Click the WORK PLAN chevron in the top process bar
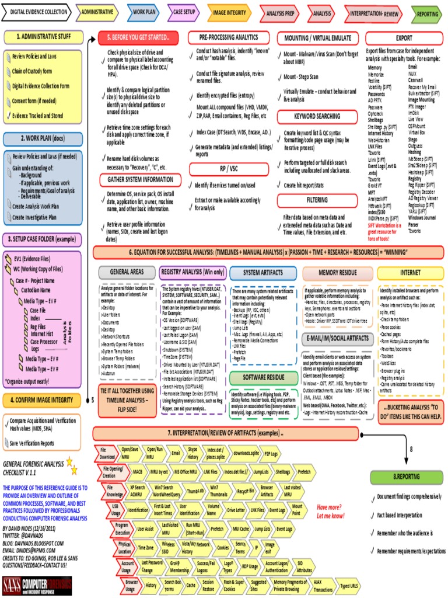pyautogui.click(x=143, y=11)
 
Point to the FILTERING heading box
pyautogui.click(x=317, y=199)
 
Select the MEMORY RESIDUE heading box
pyautogui.click(x=337, y=273)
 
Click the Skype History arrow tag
pyautogui.click(x=192, y=453)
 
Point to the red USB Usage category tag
pyautogui.click(x=116, y=509)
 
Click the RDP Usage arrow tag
pyautogui.click(x=250, y=566)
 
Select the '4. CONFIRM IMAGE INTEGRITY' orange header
pyautogui.click(x=41, y=400)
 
